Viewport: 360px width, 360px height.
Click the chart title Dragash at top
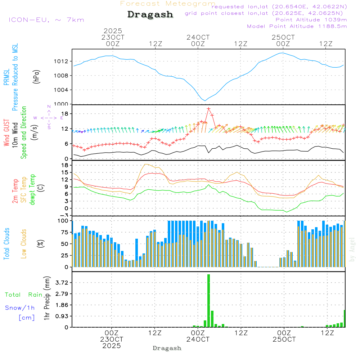click(150, 15)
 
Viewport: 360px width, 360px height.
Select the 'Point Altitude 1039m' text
click(311, 20)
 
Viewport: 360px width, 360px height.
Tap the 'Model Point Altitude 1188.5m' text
click(297, 26)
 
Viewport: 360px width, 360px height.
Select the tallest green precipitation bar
click(208, 301)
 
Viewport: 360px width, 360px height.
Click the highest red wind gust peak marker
click(208, 108)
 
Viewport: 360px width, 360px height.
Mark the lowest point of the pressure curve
click(205, 100)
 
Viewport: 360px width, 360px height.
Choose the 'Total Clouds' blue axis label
click(7, 244)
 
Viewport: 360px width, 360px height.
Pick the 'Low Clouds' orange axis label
click(24, 244)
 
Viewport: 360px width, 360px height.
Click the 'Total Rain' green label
click(24, 295)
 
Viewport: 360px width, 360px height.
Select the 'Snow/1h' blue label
click(20, 308)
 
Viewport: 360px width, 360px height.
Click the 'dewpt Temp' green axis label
click(33, 190)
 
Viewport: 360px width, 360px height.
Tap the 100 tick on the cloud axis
click(63, 221)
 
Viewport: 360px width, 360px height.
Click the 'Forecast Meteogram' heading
click(168, 4)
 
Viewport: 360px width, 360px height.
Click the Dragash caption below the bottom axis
click(167, 348)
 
